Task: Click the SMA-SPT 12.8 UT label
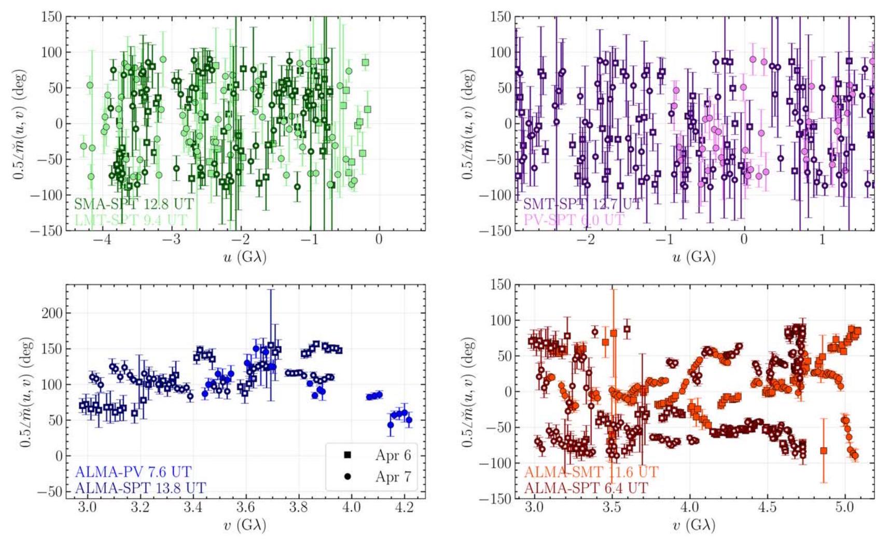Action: click(134, 204)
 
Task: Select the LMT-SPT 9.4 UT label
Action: click(131, 220)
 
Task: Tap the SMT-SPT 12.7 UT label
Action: click(582, 204)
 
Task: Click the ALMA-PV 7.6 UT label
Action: click(133, 472)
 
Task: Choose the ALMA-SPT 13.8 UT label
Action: click(140, 488)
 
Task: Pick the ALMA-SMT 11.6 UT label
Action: click(591, 472)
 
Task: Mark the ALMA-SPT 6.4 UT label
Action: click(586, 488)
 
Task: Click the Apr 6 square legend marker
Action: click(347, 455)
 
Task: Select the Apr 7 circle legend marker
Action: click(347, 476)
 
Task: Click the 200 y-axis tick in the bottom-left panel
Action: click(51, 313)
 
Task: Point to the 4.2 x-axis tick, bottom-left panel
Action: click(404, 507)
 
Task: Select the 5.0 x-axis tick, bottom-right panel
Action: click(844, 507)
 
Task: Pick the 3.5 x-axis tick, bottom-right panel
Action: click(612, 507)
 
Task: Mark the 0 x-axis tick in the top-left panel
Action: click(379, 239)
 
